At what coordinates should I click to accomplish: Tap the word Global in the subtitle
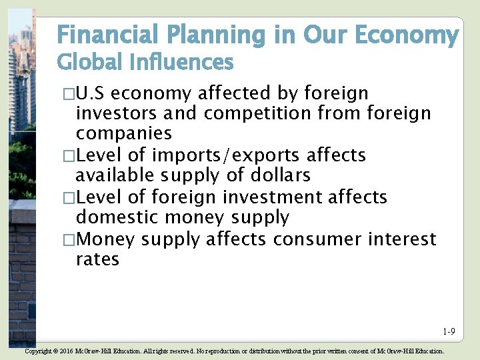[x=86, y=63]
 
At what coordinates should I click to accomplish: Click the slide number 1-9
[x=448, y=332]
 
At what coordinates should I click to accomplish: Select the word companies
[x=123, y=133]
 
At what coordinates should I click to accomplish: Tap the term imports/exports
[x=225, y=155]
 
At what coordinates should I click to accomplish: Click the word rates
[x=97, y=259]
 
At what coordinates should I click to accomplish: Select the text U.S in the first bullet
[x=92, y=93]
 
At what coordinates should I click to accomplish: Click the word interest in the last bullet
[x=399, y=239]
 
